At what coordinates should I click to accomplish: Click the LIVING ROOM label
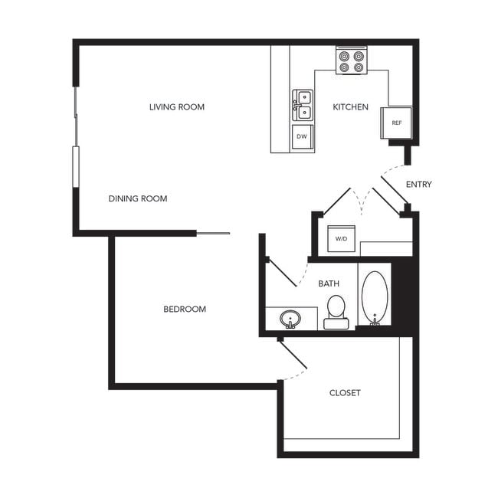177,107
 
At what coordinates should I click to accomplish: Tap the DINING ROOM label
137,199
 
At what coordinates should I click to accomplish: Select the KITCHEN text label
350,107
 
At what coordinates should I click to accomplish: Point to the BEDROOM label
185,310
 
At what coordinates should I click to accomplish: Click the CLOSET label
345,393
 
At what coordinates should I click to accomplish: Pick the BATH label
329,284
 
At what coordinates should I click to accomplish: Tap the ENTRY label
418,185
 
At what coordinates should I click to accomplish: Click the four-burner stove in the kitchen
352,61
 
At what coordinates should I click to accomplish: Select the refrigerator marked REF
396,123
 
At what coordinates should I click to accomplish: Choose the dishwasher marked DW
302,137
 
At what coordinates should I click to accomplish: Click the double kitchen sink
302,105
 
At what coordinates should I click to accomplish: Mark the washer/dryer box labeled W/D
340,238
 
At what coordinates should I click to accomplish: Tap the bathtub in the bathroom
375,298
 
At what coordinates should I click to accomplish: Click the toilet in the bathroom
336,310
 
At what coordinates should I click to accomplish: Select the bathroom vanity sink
290,318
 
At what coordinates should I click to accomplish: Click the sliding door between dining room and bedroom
212,234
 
